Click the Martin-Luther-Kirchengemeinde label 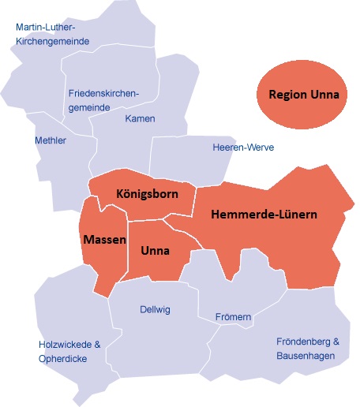pyautogui.click(x=52, y=33)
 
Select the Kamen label pyautogui.click(x=140, y=119)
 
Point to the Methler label pyautogui.click(x=51, y=141)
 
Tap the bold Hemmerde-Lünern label pyautogui.click(x=264, y=215)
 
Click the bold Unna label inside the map pyautogui.click(x=156, y=252)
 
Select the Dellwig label pyautogui.click(x=154, y=309)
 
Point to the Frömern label pyautogui.click(x=233, y=318)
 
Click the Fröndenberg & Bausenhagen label pyautogui.click(x=308, y=349)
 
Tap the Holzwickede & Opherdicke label pyautogui.click(x=69, y=352)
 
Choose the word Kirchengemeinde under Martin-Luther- pyautogui.click(x=52, y=41)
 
